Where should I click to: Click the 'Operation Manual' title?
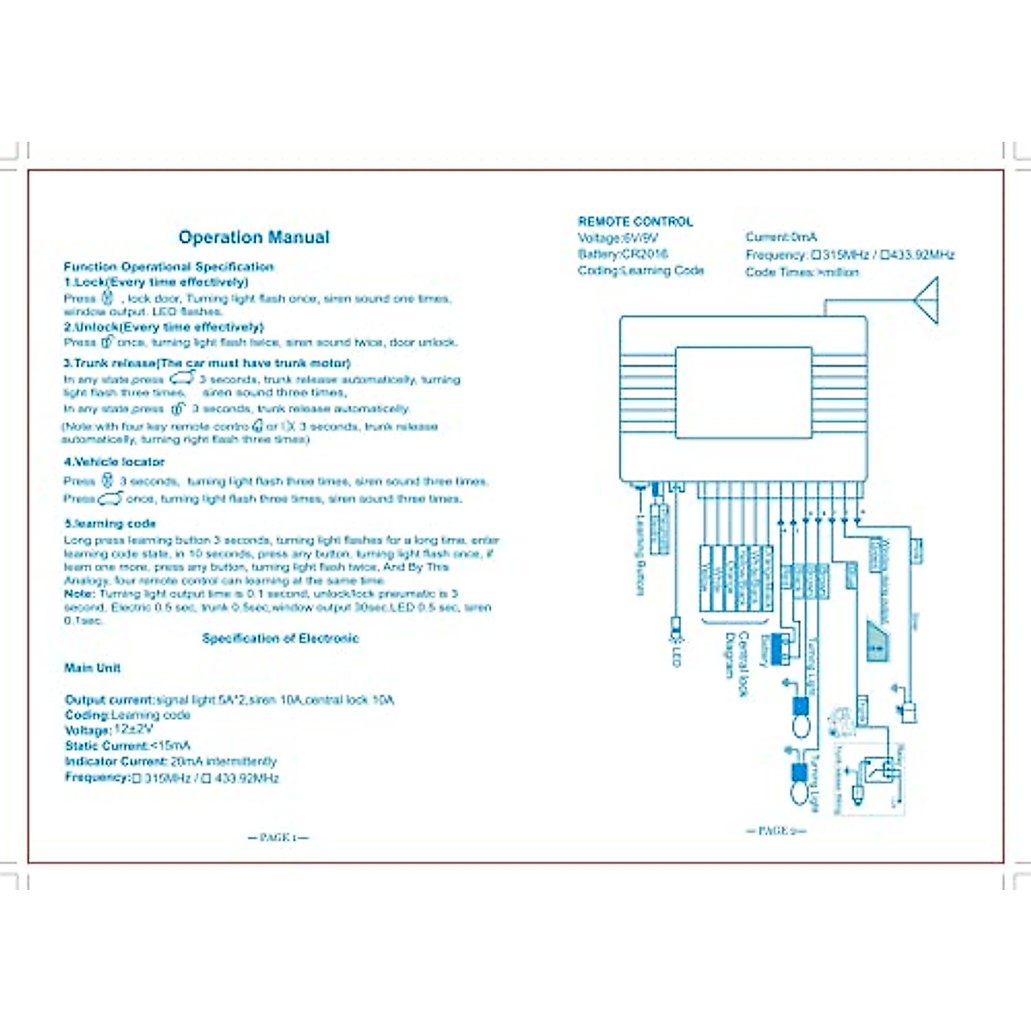point(253,238)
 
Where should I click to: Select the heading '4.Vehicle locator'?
point(113,462)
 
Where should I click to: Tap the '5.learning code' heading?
point(110,523)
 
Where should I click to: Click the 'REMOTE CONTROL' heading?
point(635,222)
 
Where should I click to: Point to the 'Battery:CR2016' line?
point(623,254)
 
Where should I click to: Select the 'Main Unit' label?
point(92,668)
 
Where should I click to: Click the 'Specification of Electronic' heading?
point(280,638)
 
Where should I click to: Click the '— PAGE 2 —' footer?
point(775,831)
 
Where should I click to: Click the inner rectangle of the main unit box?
point(743,393)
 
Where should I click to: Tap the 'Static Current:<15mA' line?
point(127,746)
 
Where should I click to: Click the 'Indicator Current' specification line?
point(170,761)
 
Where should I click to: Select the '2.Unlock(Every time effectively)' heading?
point(163,327)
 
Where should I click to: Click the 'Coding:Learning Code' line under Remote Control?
point(641,271)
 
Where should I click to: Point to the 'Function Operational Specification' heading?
point(168,267)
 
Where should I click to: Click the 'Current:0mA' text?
point(781,237)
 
